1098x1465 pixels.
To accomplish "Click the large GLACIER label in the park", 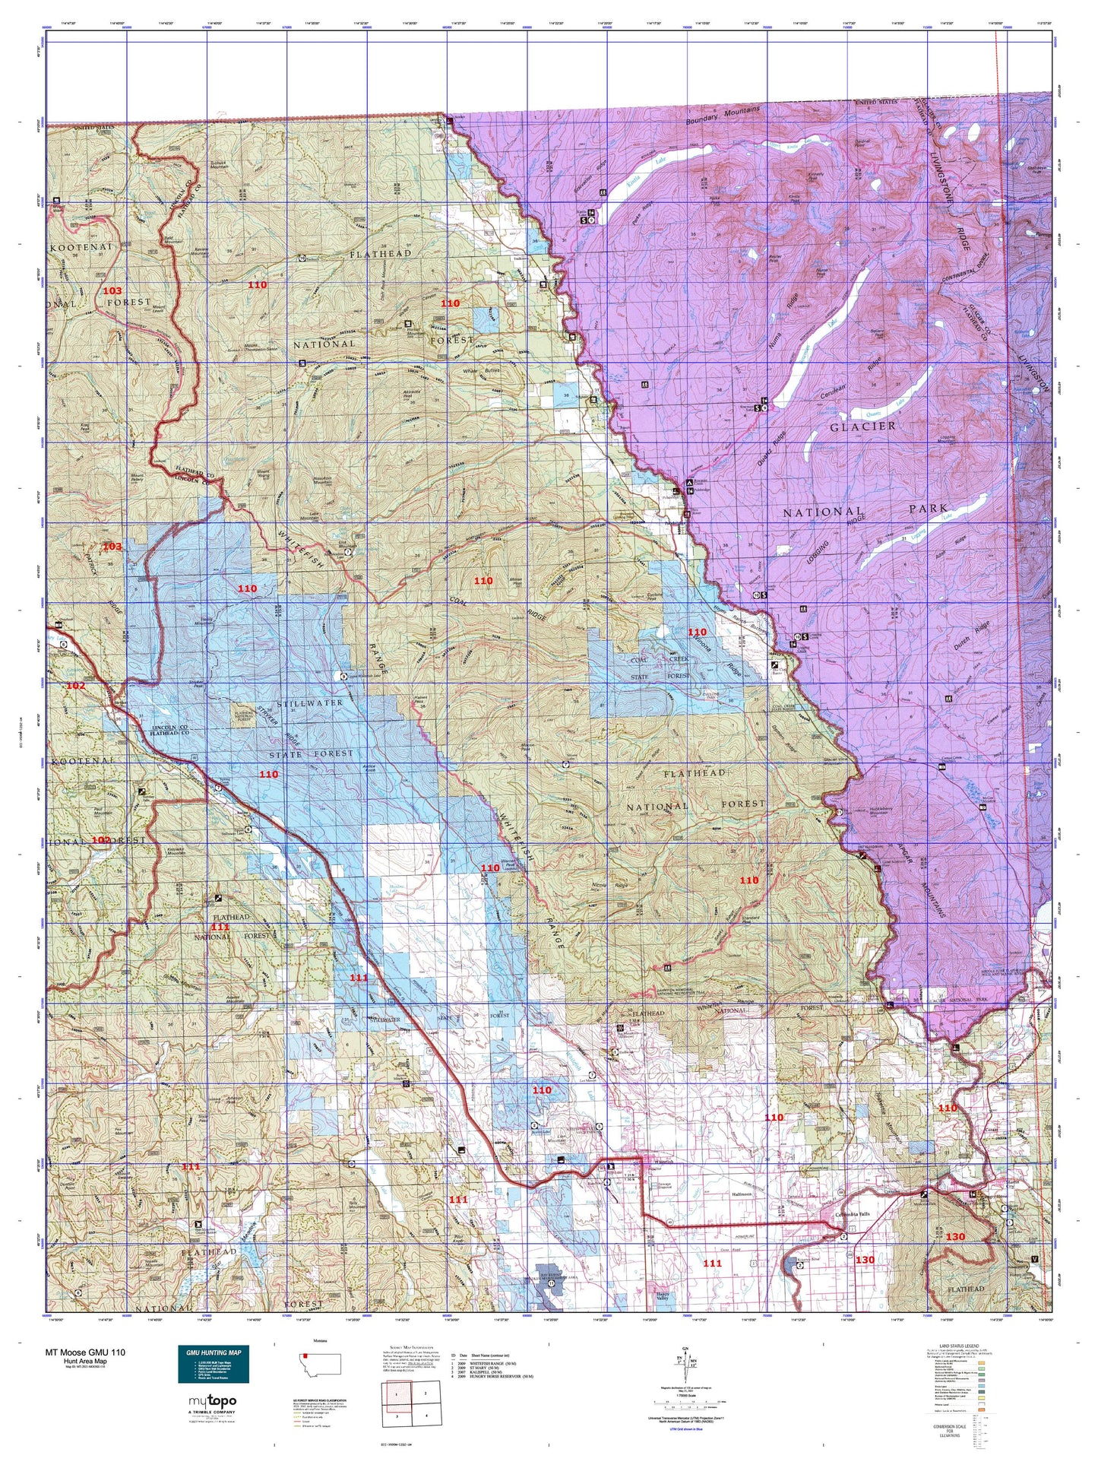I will [862, 426].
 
